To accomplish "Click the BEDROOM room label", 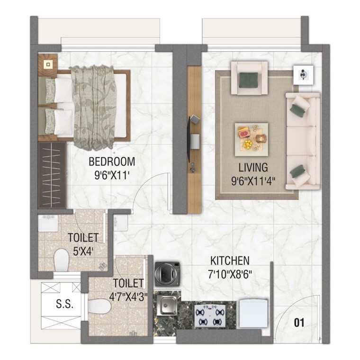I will coord(112,161).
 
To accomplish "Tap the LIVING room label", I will coord(253,167).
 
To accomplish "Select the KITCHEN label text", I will coord(230,261).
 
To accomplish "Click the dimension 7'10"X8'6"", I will coord(230,273).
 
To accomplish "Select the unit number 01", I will coord(299,324).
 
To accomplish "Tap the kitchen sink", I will coord(167,306).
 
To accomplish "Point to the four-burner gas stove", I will coord(209,315).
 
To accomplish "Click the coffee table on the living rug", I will coord(251,137).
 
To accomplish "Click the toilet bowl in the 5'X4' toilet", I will coord(61,260).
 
